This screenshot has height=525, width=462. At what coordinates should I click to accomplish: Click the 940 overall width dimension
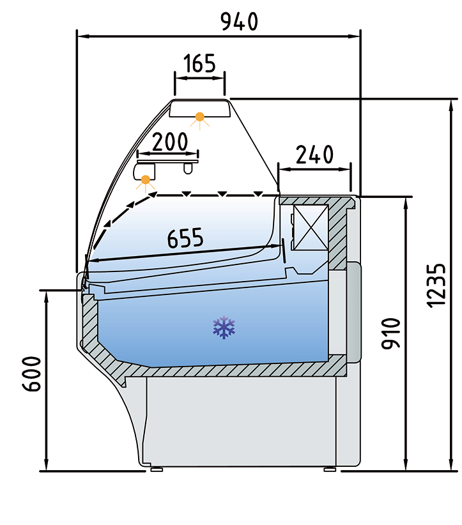click(x=239, y=22)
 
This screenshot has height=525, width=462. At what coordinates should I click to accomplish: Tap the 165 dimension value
click(x=199, y=63)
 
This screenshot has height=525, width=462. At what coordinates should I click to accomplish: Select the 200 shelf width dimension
click(x=170, y=142)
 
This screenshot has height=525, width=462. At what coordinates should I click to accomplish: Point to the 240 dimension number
click(x=314, y=155)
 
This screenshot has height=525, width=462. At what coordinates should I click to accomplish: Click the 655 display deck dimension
click(x=185, y=238)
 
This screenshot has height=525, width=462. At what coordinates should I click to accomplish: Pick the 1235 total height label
click(x=436, y=285)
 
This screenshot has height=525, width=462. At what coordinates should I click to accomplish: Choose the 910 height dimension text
click(x=391, y=333)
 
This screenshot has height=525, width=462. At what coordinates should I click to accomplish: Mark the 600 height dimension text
click(x=32, y=374)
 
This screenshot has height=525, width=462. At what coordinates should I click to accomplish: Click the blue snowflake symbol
click(x=224, y=327)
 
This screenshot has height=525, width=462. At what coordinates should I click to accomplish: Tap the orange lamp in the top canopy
click(x=199, y=117)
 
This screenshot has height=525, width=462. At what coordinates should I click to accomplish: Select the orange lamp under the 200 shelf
click(x=146, y=180)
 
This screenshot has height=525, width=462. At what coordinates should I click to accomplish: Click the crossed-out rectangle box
click(x=311, y=227)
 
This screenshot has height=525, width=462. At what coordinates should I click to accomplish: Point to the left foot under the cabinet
click(x=157, y=469)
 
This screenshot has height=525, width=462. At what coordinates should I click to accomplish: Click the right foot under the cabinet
click(x=330, y=469)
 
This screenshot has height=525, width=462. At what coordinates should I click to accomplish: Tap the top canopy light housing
click(x=200, y=109)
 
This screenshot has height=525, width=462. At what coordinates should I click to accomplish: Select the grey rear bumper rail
click(x=354, y=312)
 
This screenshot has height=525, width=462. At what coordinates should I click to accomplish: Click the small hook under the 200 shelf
click(x=188, y=169)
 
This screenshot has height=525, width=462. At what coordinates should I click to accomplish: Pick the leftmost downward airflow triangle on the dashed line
click(x=187, y=194)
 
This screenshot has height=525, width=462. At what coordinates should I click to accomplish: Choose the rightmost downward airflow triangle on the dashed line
click(x=258, y=194)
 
